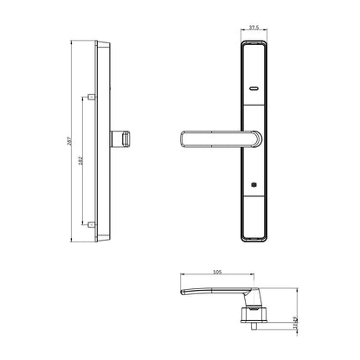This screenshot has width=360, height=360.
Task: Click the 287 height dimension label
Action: tap(67, 142)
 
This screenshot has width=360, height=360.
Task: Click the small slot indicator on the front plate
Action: tap(252, 89)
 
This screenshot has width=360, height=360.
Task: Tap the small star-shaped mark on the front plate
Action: tap(252, 184)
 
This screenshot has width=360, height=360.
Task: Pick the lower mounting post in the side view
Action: tap(91, 222)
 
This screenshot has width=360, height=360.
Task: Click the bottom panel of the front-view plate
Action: tap(252, 216)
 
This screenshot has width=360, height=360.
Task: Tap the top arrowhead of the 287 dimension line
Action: tap(71, 42)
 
